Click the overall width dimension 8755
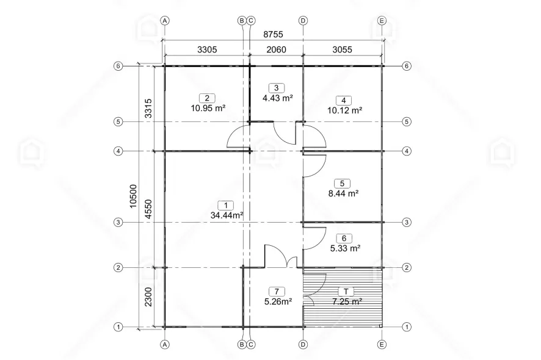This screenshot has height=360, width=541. tap(274, 35)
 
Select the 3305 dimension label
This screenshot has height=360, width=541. tap(207, 49)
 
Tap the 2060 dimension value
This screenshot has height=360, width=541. tap(277, 49)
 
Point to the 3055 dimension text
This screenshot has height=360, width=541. tap(343, 49)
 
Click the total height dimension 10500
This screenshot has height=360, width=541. tap(133, 196)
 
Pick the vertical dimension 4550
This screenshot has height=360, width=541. tap(148, 209)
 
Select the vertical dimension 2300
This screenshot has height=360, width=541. tap(148, 297)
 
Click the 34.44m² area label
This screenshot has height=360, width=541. tap(227, 215)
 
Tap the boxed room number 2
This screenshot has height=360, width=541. tap(207, 98)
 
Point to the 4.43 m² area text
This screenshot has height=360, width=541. tap(278, 98)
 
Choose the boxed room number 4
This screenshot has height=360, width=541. tap(344, 100)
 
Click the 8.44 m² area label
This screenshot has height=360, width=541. tap(343, 193)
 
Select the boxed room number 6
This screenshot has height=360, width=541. tap(344, 239)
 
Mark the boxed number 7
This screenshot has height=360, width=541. tap(277, 292)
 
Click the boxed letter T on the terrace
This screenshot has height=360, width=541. tap(346, 292)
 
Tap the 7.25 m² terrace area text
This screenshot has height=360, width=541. tap(347, 301)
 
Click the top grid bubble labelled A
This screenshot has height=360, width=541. tap(165, 21)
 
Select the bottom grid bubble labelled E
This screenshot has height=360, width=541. tap(382, 344)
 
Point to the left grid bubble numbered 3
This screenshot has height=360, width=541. tap(118, 223)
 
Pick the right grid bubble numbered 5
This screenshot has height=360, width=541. tap(407, 121)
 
